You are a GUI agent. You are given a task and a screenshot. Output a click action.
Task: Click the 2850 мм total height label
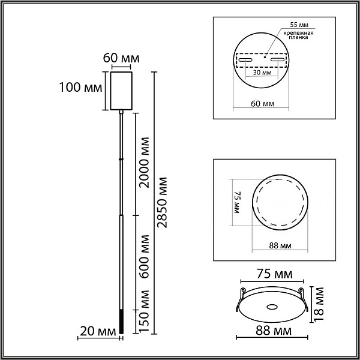(162, 202)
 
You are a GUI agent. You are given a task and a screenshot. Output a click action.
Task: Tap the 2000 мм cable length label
(145, 163)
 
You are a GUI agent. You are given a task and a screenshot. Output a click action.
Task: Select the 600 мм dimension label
(145, 256)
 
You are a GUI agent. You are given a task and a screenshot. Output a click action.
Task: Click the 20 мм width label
(98, 332)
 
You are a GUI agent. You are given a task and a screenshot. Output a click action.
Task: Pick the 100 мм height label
(80, 88)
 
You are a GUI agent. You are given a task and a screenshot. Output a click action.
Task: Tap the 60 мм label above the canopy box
(121, 58)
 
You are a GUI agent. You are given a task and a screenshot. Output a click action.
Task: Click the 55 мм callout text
(299, 25)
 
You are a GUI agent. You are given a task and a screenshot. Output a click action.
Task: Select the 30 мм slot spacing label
(262, 73)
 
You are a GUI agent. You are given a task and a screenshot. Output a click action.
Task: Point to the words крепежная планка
(298, 35)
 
